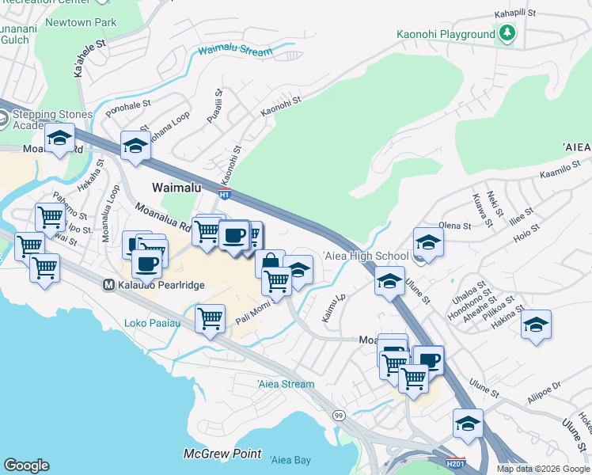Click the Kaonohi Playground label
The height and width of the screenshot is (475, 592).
coord(446,35)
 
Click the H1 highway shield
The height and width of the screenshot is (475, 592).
coord(226,194)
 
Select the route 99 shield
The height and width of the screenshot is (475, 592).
coord(339,415)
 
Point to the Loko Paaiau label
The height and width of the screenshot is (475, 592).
coord(153,323)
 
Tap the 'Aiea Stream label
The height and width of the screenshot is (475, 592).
coord(286,384)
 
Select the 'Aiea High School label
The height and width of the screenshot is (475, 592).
coord(365,256)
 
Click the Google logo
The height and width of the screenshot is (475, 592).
coord(26,465)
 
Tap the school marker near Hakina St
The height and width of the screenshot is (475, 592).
coord(536,325)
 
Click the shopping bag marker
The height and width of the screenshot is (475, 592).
coord(270,262)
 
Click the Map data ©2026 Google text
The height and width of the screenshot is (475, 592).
coord(543,469)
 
